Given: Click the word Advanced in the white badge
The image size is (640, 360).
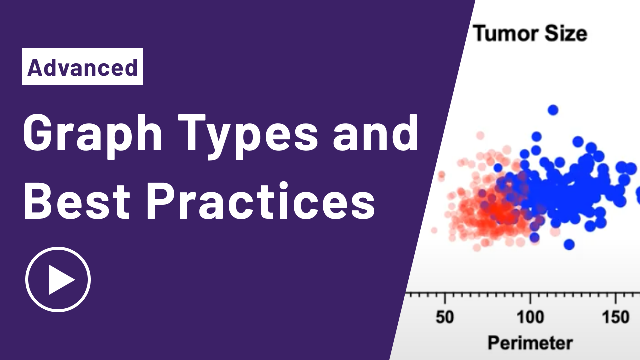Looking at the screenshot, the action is coord(82,68).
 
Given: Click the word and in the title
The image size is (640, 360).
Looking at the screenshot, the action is coord(375,133).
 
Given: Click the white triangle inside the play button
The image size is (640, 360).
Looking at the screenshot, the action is coord(61,280).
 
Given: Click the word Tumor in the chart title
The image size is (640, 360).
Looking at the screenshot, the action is coord(505,34).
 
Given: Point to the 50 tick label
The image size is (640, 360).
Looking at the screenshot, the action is coord(445,317).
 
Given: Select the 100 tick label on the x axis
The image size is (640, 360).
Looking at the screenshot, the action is coord(530,317).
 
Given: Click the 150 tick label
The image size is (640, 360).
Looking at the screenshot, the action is coord(616,317).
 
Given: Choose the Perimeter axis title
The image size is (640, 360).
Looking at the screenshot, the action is coord(530,343).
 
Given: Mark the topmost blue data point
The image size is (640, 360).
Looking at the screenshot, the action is coord(553,110).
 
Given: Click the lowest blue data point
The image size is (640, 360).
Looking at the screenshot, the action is coord(569,244).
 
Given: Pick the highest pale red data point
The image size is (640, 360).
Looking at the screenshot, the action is coord(480,135).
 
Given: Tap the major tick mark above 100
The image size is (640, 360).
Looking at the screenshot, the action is coord(530,298).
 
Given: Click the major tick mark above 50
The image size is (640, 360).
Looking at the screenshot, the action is coord(445,298).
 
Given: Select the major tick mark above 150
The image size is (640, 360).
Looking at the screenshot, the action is coord(616,298).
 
